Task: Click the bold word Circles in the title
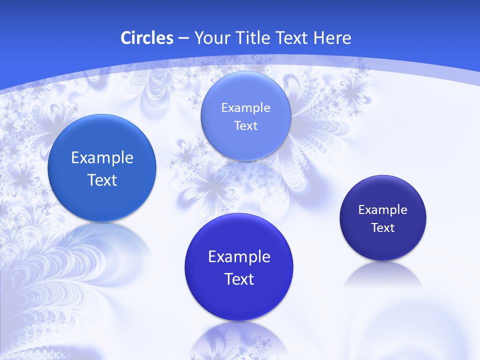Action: (147, 38)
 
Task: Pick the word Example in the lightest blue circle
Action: (245, 107)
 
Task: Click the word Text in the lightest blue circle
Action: (245, 125)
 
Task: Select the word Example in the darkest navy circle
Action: (382, 209)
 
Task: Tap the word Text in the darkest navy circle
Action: (383, 227)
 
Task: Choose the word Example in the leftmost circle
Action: (102, 157)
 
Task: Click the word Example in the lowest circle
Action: (239, 256)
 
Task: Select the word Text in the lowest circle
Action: (239, 278)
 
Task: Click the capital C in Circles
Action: (126, 38)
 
